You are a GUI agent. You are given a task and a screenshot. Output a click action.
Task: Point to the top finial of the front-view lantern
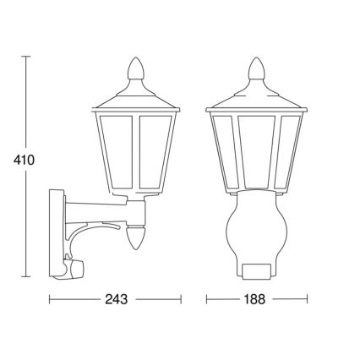coord(254,68)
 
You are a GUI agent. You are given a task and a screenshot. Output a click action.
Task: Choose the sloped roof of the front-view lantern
coord(254,95)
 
